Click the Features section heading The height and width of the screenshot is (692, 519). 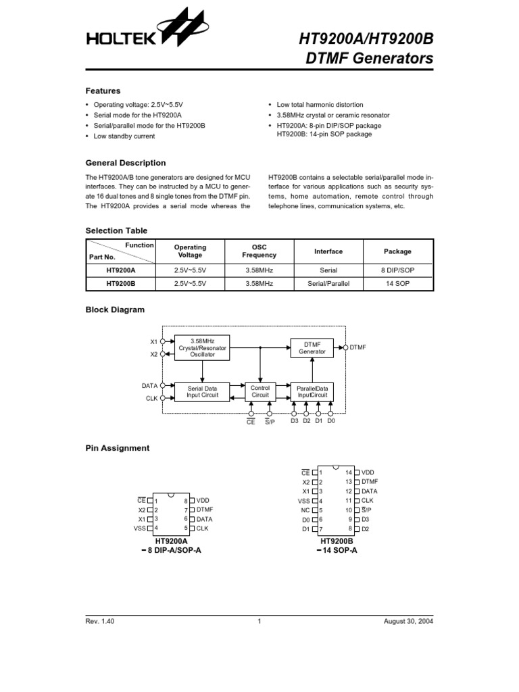[103, 91]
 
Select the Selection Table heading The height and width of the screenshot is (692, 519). [116, 230]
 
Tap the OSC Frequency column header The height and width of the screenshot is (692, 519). [259, 251]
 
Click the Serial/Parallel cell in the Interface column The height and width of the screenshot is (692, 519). [328, 285]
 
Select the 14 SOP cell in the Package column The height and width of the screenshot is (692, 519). [398, 285]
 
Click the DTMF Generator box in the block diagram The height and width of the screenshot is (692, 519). [312, 347]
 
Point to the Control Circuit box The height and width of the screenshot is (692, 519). [260, 391]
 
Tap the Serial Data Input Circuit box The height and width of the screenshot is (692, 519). [202, 391]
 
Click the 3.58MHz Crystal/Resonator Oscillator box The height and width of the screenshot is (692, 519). [202, 347]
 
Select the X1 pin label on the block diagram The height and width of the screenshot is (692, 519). [153, 341]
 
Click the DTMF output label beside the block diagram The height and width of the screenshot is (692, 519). [358, 347]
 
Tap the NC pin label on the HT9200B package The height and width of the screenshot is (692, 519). [305, 510]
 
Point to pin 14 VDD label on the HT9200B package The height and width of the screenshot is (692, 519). [368, 472]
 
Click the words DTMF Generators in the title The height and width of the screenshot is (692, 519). [370, 59]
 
